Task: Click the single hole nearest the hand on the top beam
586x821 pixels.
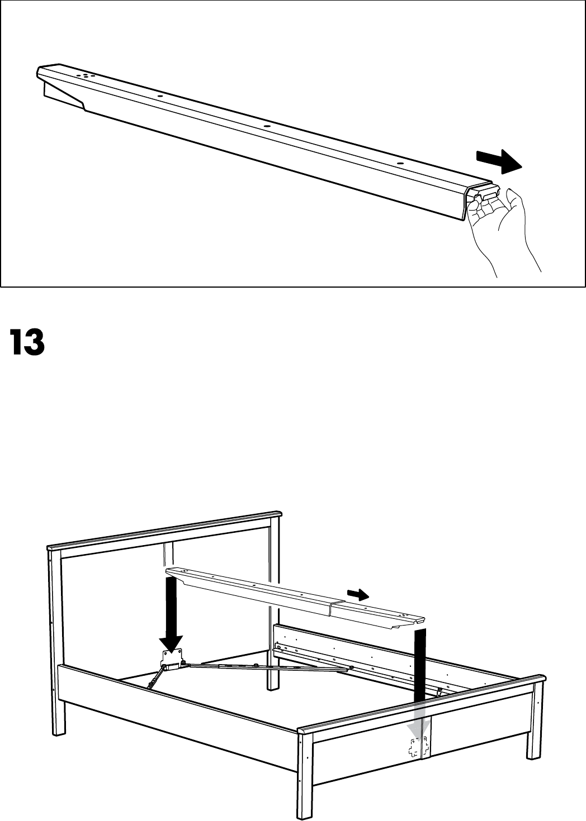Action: (400, 164)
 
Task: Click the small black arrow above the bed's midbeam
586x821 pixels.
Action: (357, 594)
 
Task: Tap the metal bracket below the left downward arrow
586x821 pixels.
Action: (172, 659)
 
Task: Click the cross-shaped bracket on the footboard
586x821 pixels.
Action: (418, 747)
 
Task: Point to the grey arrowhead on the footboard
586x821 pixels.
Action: (418, 726)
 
